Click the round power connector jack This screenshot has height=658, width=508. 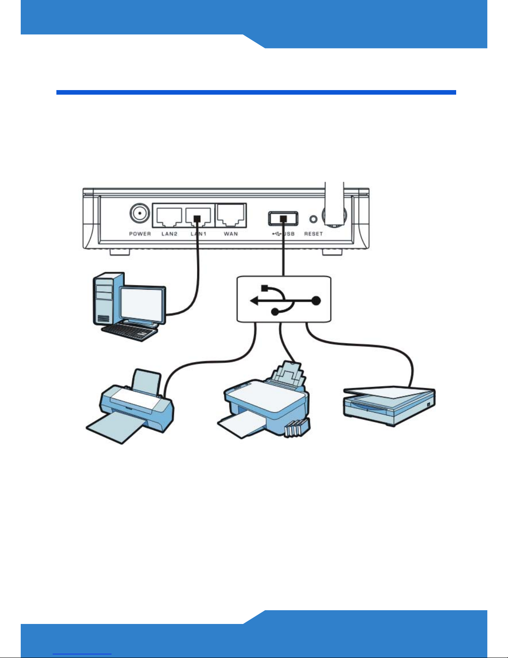pyautogui.click(x=140, y=213)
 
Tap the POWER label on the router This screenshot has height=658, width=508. pyautogui.click(x=140, y=234)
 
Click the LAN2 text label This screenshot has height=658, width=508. pyautogui.click(x=169, y=234)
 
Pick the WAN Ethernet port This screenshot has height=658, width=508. pyautogui.click(x=231, y=215)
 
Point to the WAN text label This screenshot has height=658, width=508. pyautogui.click(x=231, y=234)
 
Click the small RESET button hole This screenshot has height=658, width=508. pyautogui.click(x=314, y=219)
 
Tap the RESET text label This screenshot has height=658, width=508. pyautogui.click(x=314, y=234)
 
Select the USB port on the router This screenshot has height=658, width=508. pyautogui.click(x=283, y=219)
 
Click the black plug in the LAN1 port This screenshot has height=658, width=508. pyautogui.click(x=197, y=219)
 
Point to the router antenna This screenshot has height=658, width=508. pyautogui.click(x=334, y=204)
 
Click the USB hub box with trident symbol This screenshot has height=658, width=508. pyautogui.click(x=284, y=299)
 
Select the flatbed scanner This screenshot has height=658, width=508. pyautogui.click(x=389, y=406)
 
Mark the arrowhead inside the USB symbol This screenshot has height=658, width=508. pyautogui.click(x=254, y=301)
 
